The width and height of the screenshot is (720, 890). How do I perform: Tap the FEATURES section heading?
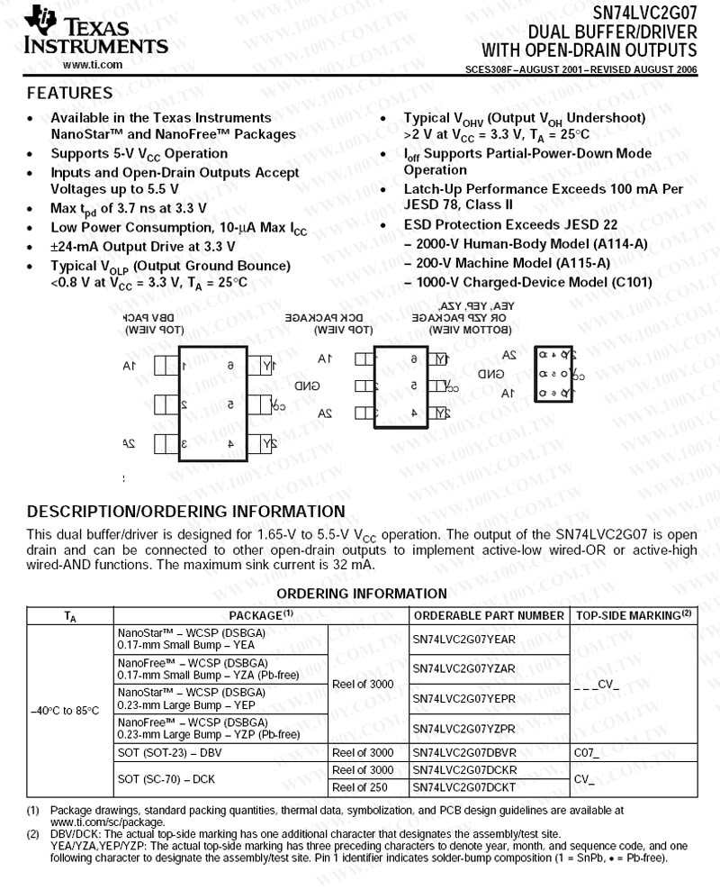(69, 93)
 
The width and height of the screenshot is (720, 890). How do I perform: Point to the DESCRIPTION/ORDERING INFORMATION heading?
(186, 512)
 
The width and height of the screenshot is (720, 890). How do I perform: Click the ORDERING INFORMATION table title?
(361, 593)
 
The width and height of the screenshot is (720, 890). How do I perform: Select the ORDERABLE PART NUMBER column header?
(488, 615)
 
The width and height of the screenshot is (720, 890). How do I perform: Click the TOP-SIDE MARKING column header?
(634, 615)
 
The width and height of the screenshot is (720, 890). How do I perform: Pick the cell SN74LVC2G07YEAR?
(463, 639)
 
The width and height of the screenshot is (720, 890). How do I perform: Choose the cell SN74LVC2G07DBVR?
(463, 751)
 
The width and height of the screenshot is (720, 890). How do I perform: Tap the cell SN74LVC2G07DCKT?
(463, 786)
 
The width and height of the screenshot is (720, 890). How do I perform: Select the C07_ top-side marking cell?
(585, 751)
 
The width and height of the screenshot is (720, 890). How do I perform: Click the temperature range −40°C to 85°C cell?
(65, 710)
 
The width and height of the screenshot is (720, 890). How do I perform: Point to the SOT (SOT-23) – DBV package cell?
(169, 751)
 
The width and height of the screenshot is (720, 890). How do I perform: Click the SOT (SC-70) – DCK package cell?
(168, 777)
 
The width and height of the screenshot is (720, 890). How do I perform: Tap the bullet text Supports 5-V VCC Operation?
(139, 154)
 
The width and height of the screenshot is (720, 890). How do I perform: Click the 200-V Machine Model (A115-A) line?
(513, 263)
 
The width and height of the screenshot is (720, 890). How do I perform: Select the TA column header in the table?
(70, 616)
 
